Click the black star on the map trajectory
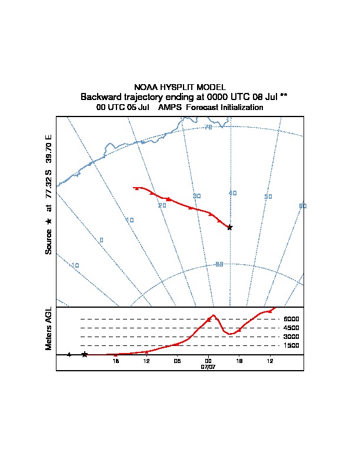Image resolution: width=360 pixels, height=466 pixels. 230,227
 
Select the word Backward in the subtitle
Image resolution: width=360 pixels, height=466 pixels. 99,96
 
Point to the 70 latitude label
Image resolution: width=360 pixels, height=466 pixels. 208,127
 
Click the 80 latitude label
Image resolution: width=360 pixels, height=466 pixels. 219,264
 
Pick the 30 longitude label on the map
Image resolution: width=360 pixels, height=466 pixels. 197,196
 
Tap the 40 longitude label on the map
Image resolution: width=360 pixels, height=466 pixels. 233,193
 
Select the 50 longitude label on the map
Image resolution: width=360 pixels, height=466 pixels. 268,197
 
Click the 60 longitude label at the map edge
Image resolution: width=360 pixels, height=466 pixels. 303,206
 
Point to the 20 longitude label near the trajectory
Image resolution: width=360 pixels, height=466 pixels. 162,205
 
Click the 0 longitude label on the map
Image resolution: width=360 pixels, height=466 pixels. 101,240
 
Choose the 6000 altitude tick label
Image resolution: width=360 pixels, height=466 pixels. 291,319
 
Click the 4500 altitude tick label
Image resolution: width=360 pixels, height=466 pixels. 291,328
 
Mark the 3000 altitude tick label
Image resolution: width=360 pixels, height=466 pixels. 291,337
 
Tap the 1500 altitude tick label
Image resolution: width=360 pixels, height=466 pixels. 291,345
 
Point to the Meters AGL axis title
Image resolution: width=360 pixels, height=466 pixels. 49,328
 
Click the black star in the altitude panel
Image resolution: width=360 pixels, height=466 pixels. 85,354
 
